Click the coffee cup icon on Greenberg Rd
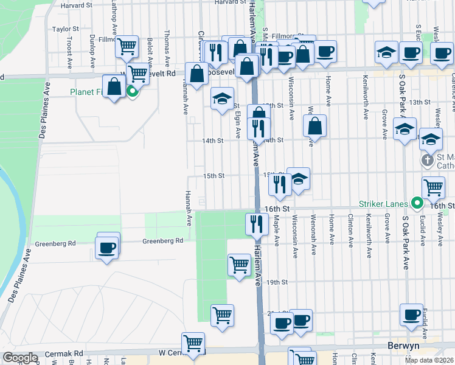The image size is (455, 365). (x=108, y=248)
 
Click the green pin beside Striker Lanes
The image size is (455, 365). (x=417, y=203)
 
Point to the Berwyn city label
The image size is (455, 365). (x=404, y=346)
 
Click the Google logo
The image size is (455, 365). (x=20, y=358)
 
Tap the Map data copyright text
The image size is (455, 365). (x=429, y=360)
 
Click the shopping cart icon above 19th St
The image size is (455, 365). (x=239, y=265)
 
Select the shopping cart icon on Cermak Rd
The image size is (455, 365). (x=193, y=343)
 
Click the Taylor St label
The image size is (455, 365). (x=66, y=29)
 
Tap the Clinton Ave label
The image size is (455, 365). (x=351, y=231)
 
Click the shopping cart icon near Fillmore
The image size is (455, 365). (x=127, y=46)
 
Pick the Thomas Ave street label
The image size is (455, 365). (x=167, y=43)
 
